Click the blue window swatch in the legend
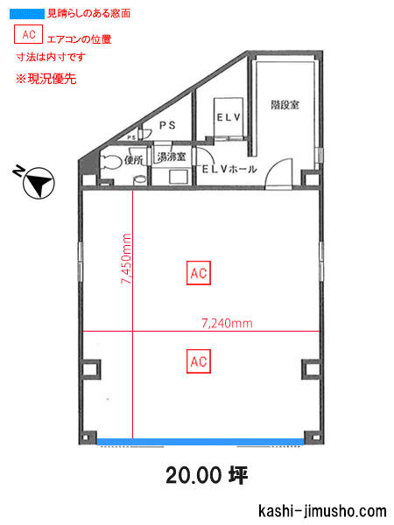click(x=27, y=14)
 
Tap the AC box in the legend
click(x=28, y=34)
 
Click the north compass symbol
click(x=37, y=182)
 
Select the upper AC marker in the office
click(x=199, y=273)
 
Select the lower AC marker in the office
click(x=199, y=361)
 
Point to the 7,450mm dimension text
click(x=126, y=258)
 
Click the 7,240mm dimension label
click(x=227, y=324)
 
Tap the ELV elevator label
click(x=229, y=117)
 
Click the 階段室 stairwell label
click(x=285, y=105)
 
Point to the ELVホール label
click(x=229, y=169)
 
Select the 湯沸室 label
click(x=172, y=157)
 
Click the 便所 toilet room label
click(x=134, y=160)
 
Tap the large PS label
click(x=167, y=125)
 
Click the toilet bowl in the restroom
click(x=110, y=163)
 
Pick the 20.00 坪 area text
click(x=207, y=475)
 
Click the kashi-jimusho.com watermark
click(x=322, y=511)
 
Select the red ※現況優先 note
click(x=46, y=79)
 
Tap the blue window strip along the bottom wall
click(x=201, y=442)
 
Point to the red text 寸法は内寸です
click(x=51, y=57)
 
